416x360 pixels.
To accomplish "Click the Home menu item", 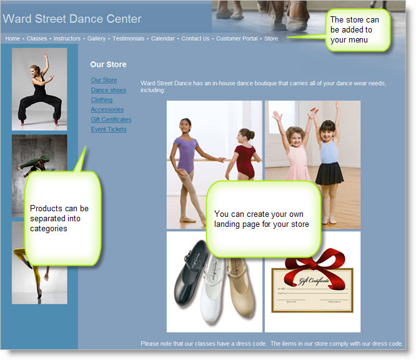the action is coord(12,39).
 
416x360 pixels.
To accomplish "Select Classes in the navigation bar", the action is coord(37,39).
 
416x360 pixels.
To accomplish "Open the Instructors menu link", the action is coord(67,39).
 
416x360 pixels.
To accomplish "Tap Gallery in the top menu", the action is coord(96,39).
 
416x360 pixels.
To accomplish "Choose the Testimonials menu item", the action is coord(129,39).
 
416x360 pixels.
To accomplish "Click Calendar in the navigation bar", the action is coord(163,39).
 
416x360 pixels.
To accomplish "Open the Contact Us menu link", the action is coord(196,39).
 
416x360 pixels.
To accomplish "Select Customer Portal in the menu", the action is coord(237,39).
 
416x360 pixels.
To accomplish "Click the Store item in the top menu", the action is coord(271,39).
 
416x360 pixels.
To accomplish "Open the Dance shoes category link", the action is coord(108,90).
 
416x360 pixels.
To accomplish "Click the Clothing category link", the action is coord(102,100).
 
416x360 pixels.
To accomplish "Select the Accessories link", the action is coord(107,109).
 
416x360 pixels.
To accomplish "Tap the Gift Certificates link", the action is coord(111,119).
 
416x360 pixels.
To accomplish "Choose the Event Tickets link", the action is coord(109,129).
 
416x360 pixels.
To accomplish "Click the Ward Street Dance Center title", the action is coord(72,19).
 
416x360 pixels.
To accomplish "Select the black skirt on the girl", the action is coord(330,173).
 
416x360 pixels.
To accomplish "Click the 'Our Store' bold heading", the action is coord(108,64).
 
